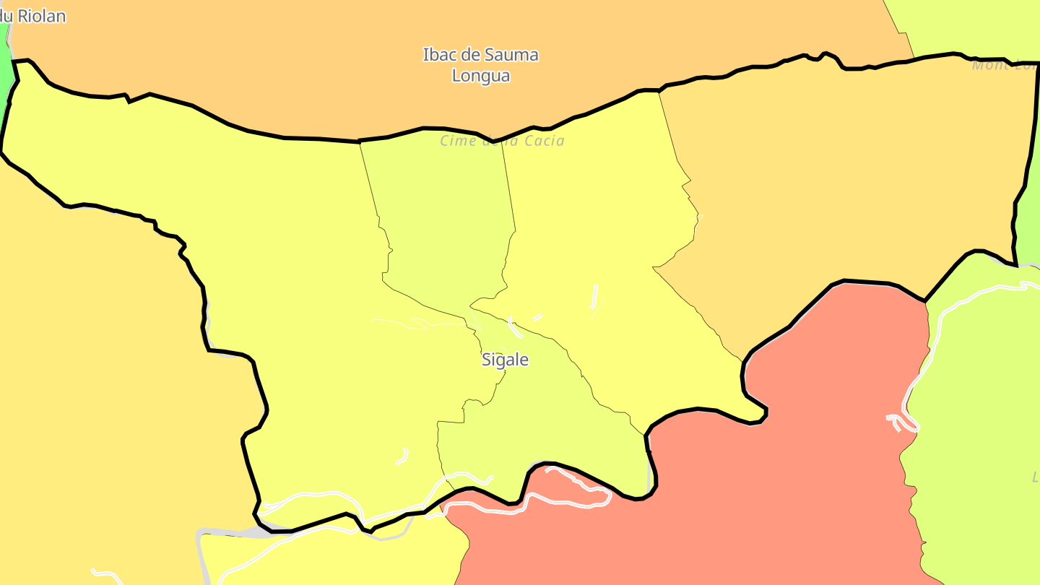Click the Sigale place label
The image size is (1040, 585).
pos(505,360)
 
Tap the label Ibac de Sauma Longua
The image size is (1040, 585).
pos(481,65)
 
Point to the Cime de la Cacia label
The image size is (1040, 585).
pos(503,141)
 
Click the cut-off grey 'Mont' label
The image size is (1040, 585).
pos(1005,66)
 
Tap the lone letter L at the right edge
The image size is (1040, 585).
pos(1035,477)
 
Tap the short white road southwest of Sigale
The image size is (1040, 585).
pos(402,456)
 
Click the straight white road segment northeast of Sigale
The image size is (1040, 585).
pos(594,296)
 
